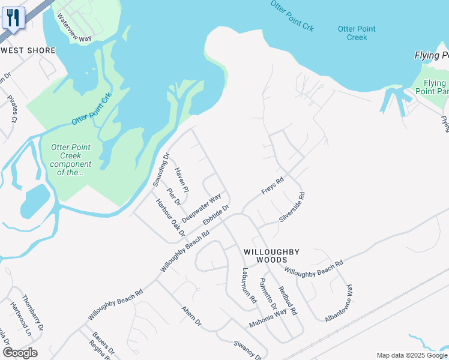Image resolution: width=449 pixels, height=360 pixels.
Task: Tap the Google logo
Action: tap(20, 353)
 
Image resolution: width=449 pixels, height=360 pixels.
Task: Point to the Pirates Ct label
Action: tap(10, 108)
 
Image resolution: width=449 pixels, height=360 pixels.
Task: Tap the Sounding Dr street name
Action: tap(161, 170)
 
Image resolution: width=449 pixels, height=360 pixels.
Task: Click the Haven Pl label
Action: tap(181, 180)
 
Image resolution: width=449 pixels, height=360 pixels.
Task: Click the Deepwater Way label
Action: tap(202, 208)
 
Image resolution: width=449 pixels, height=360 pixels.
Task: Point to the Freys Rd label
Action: tap(272, 185)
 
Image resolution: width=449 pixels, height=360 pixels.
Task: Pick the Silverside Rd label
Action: tap(292, 208)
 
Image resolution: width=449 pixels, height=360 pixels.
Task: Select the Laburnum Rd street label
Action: tap(249, 284)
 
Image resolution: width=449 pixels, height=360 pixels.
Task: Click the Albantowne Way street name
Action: tap(339, 304)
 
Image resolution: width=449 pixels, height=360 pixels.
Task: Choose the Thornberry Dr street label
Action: tap(32, 313)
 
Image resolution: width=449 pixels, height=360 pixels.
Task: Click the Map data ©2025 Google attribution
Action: tap(412, 355)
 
